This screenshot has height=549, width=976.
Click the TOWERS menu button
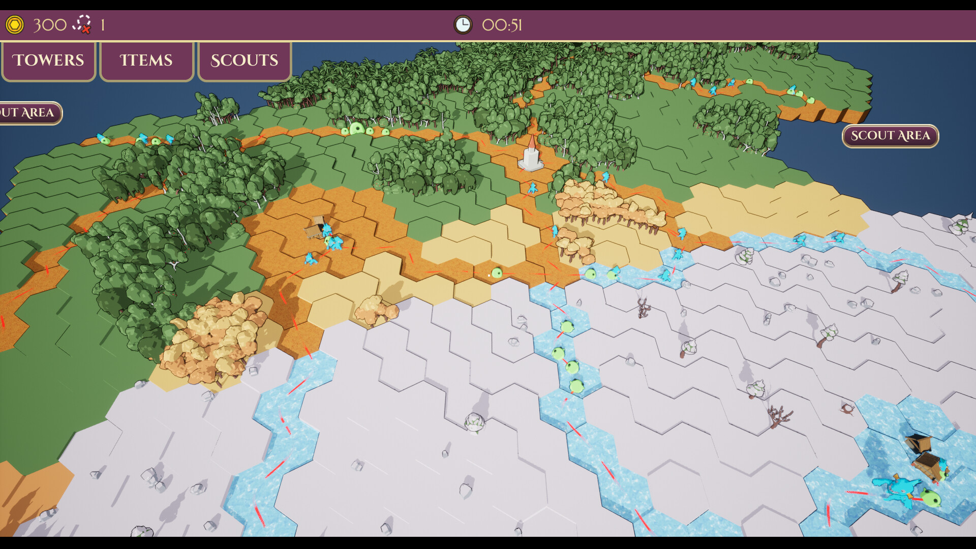[48, 60]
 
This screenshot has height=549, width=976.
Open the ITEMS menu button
[146, 60]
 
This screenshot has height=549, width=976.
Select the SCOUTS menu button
[244, 60]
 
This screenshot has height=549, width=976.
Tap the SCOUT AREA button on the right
[890, 136]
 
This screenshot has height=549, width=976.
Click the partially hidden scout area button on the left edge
[29, 113]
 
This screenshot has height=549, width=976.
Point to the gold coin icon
[15, 24]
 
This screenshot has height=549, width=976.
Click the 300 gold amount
[50, 24]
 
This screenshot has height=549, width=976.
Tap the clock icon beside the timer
[463, 24]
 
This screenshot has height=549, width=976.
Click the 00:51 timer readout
[502, 25]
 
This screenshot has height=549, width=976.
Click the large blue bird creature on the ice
[900, 489]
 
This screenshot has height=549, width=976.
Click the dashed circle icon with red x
[82, 24]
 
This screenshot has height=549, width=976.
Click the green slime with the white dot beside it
[497, 273]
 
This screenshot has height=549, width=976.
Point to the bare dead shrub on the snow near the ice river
[644, 308]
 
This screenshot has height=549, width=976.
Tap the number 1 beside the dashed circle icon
[103, 25]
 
